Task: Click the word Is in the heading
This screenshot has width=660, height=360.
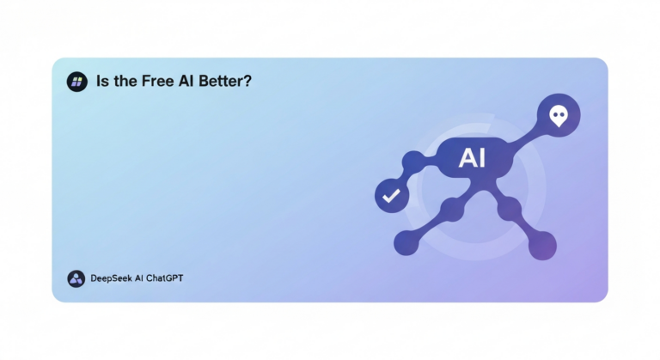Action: tap(103, 82)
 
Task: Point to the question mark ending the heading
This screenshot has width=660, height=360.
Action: tap(249, 82)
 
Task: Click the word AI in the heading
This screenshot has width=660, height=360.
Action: tap(186, 82)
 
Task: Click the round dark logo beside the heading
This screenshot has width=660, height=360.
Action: tap(77, 82)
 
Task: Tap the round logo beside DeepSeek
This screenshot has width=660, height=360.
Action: tap(76, 278)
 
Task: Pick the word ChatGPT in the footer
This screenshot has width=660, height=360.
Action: tap(165, 278)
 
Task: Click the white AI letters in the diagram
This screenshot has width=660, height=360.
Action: tap(473, 157)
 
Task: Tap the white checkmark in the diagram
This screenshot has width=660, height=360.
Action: tap(391, 196)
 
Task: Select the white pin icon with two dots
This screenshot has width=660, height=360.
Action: tap(559, 115)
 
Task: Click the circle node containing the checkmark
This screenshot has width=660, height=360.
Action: tap(391, 196)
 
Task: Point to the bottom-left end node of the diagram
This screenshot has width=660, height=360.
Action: tap(406, 244)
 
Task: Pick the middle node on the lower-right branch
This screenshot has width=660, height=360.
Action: tap(510, 207)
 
